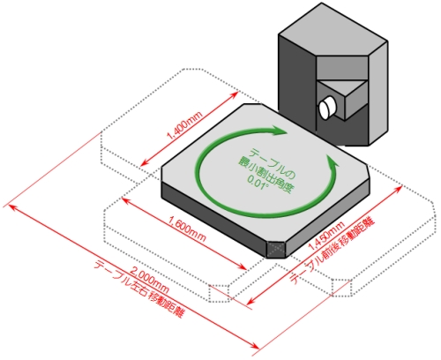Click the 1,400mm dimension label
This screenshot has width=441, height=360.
pos(184,125)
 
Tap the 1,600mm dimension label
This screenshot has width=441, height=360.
pos(188,229)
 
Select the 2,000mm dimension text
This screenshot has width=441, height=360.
pos(149,281)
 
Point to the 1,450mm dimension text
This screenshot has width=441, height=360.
pos(326,236)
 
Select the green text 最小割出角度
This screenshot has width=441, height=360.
pos(266,176)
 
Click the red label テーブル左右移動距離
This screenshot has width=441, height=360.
pos(139,290)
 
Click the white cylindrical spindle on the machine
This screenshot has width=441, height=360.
pos(327,107)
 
